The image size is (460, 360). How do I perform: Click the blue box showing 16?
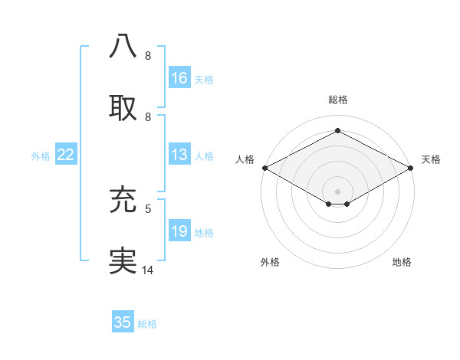point(179,78)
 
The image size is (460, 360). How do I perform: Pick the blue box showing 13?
point(179,155)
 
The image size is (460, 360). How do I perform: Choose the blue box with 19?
point(179,231)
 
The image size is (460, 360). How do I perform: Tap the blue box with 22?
point(66,155)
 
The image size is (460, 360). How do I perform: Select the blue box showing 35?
point(123,322)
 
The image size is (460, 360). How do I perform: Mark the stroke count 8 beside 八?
point(148,56)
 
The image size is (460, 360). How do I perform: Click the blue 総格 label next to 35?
point(148,324)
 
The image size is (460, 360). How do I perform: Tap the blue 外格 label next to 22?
point(41,156)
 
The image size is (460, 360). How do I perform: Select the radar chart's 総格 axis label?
point(338,100)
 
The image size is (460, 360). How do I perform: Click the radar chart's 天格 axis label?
point(431,159)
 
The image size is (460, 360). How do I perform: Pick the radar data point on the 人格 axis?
point(264,168)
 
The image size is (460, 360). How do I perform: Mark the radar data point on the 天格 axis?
point(412,168)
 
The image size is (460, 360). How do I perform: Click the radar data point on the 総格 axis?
point(338,131)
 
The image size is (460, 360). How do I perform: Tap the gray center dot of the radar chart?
point(338,190)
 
